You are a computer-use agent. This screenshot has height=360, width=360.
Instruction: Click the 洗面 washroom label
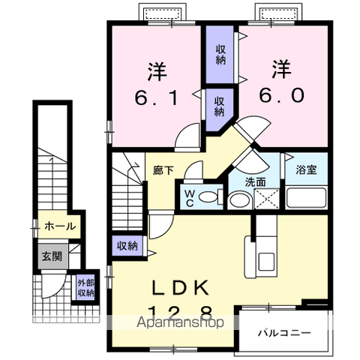(x=256, y=182)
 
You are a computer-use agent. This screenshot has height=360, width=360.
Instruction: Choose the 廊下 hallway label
(x=163, y=170)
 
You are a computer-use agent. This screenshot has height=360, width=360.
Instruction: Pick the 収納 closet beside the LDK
(x=127, y=246)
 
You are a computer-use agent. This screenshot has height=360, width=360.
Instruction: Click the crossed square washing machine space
(x=268, y=199)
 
